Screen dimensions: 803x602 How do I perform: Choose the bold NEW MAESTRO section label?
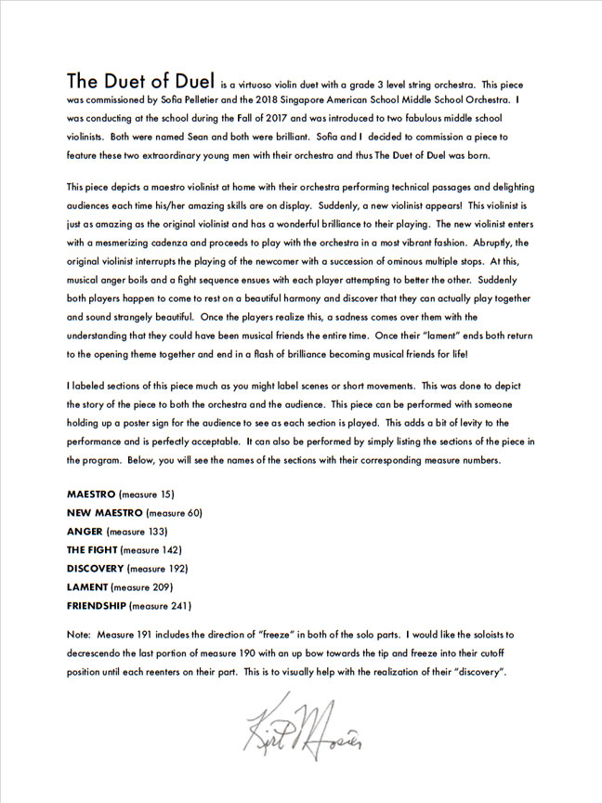[105, 512]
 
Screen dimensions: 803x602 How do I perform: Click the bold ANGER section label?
[85, 531]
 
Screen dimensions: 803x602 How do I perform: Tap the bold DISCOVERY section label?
[96, 568]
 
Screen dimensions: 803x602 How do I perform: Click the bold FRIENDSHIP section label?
[98, 605]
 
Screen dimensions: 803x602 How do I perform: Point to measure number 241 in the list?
[177, 605]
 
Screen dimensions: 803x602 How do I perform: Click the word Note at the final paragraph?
[79, 634]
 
